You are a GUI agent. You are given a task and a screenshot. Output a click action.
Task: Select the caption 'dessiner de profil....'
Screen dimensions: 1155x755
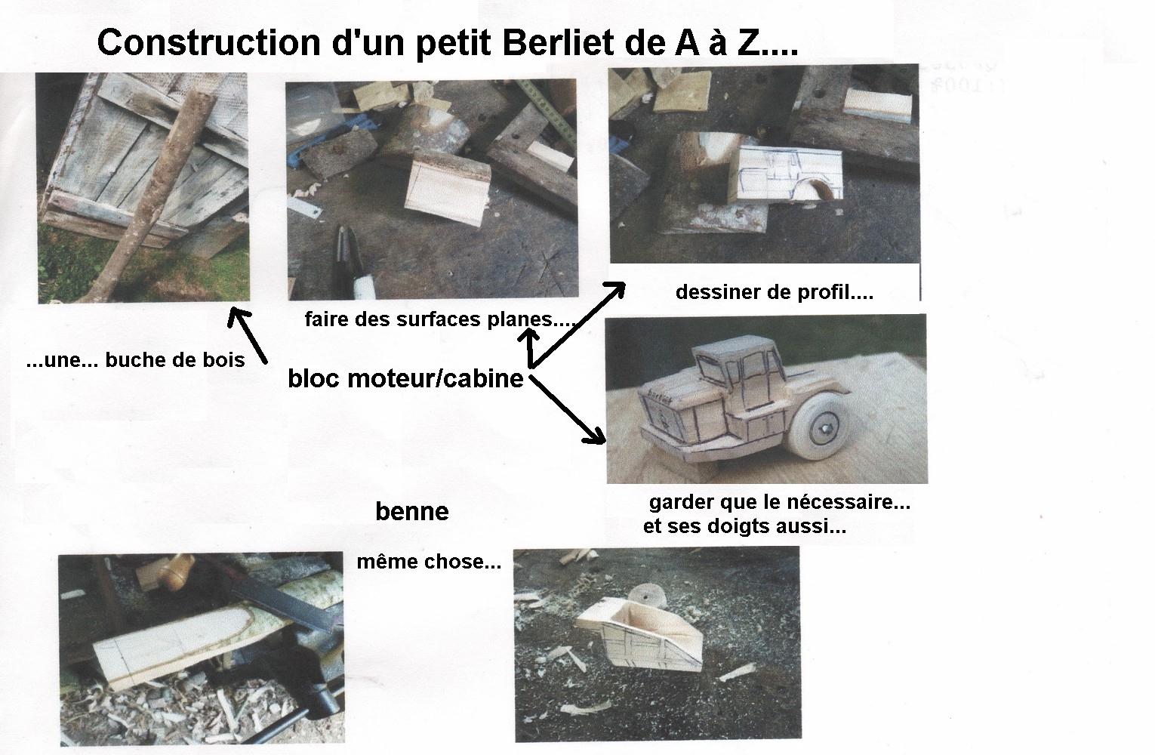click(775, 292)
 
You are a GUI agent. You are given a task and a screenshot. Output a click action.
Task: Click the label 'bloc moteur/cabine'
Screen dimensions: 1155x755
click(406, 378)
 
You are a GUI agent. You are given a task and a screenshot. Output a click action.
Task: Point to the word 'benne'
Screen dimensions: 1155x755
click(412, 512)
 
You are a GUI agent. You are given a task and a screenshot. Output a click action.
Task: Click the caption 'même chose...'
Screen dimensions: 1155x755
click(429, 562)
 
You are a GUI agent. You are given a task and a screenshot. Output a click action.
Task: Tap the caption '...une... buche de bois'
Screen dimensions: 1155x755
click(136, 360)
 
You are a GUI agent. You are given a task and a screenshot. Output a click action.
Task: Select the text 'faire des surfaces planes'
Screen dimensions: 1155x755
click(429, 319)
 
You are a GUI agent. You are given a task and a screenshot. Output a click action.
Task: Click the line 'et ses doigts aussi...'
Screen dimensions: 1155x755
click(744, 526)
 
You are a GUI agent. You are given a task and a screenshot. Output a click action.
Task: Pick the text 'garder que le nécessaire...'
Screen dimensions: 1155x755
click(780, 502)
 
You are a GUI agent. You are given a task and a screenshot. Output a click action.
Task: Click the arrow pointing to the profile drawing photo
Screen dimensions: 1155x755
click(577, 324)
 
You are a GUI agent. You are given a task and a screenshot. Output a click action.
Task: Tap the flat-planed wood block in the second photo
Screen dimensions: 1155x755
click(448, 189)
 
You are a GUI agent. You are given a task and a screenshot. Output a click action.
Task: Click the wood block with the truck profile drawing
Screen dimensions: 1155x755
click(786, 174)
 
